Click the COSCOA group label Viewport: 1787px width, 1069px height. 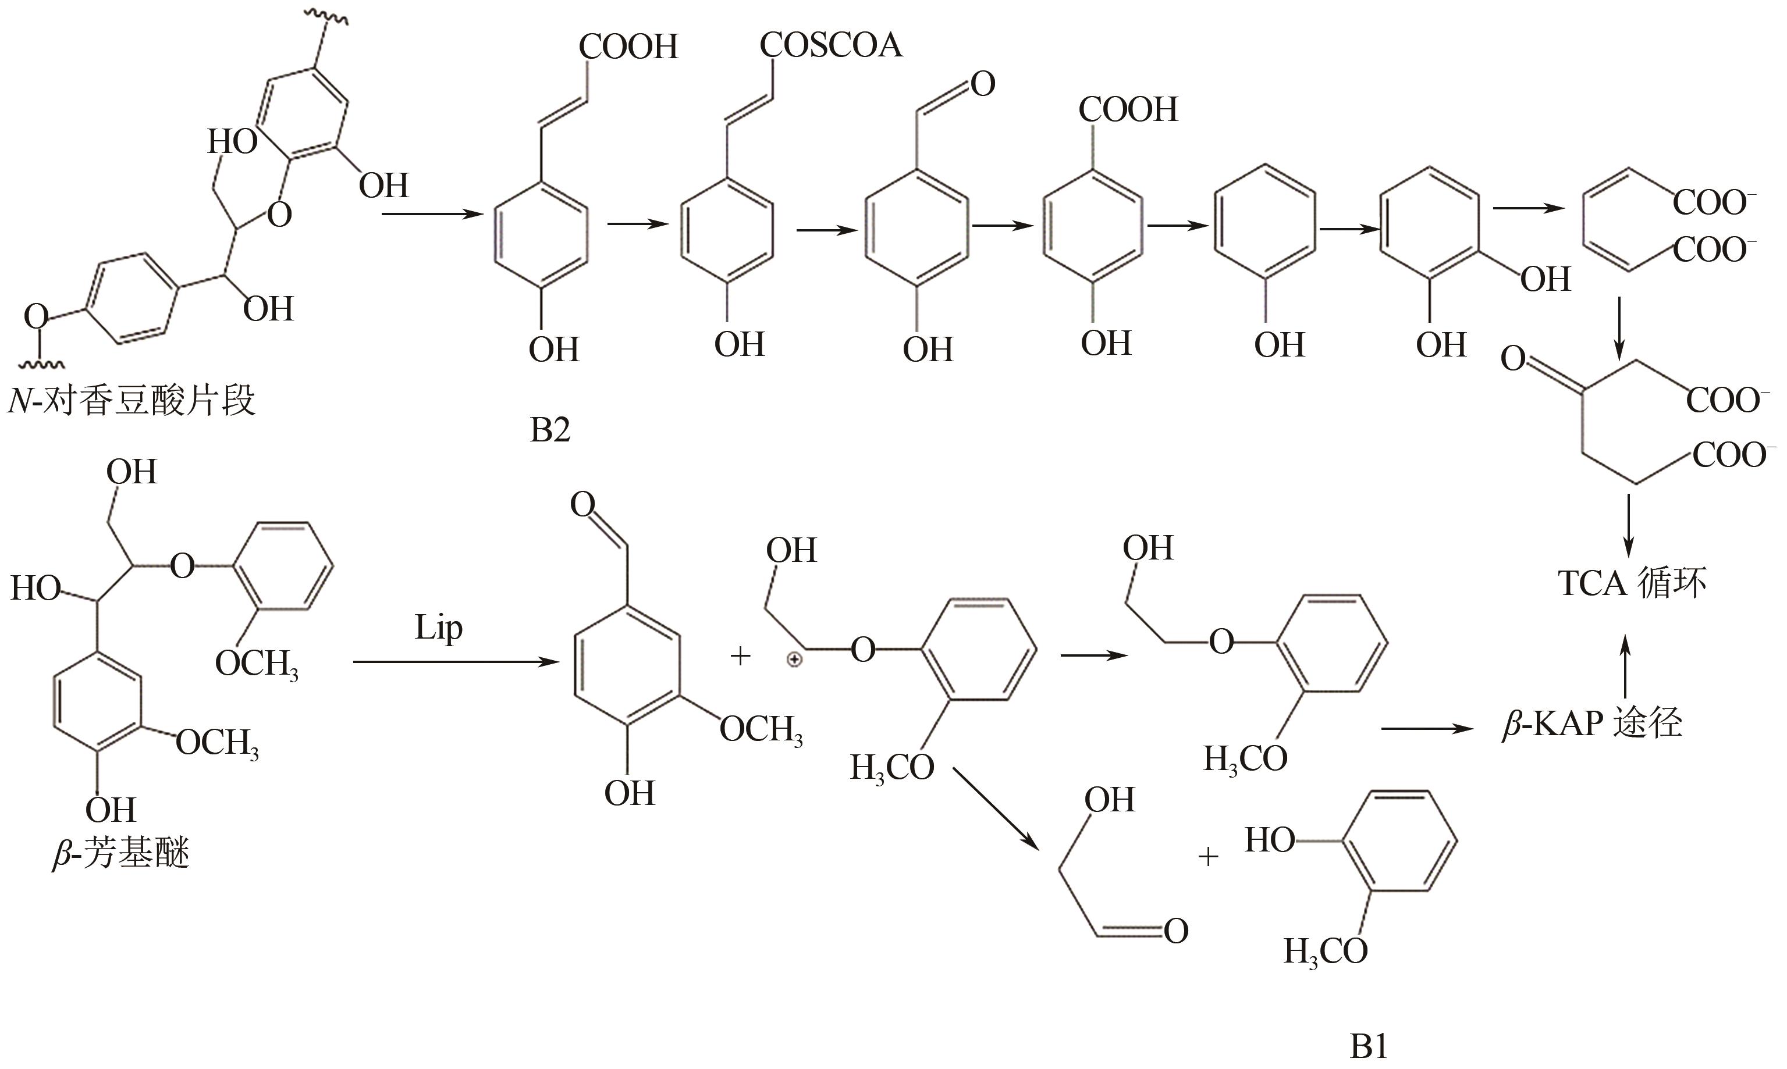pyautogui.click(x=831, y=45)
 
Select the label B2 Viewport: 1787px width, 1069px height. pyautogui.click(x=550, y=430)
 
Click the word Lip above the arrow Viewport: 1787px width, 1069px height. pyautogui.click(x=438, y=628)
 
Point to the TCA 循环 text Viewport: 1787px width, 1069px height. pyautogui.click(x=1632, y=583)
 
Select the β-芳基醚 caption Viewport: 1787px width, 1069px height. pyautogui.click(x=121, y=854)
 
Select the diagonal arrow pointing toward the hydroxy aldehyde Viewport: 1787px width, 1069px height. pyautogui.click(x=997, y=809)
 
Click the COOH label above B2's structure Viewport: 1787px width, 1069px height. pyautogui.click(x=628, y=48)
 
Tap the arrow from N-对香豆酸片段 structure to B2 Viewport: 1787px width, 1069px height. pyautogui.click(x=432, y=214)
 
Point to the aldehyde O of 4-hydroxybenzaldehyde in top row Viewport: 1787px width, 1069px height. pyautogui.click(x=983, y=85)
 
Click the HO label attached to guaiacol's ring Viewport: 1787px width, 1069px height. pyautogui.click(x=1270, y=840)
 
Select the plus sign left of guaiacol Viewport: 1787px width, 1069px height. pyautogui.click(x=1207, y=857)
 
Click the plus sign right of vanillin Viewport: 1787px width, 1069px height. pyautogui.click(x=740, y=656)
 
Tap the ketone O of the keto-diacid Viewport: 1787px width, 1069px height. pyautogui.click(x=1513, y=359)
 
